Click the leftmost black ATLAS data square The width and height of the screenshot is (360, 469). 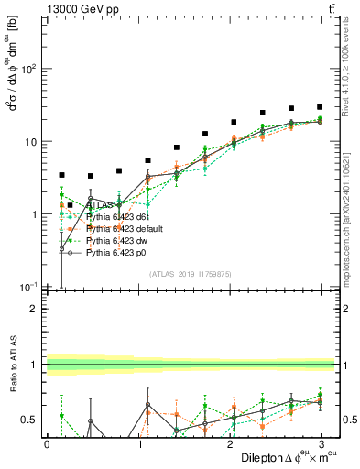click(x=61, y=175)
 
